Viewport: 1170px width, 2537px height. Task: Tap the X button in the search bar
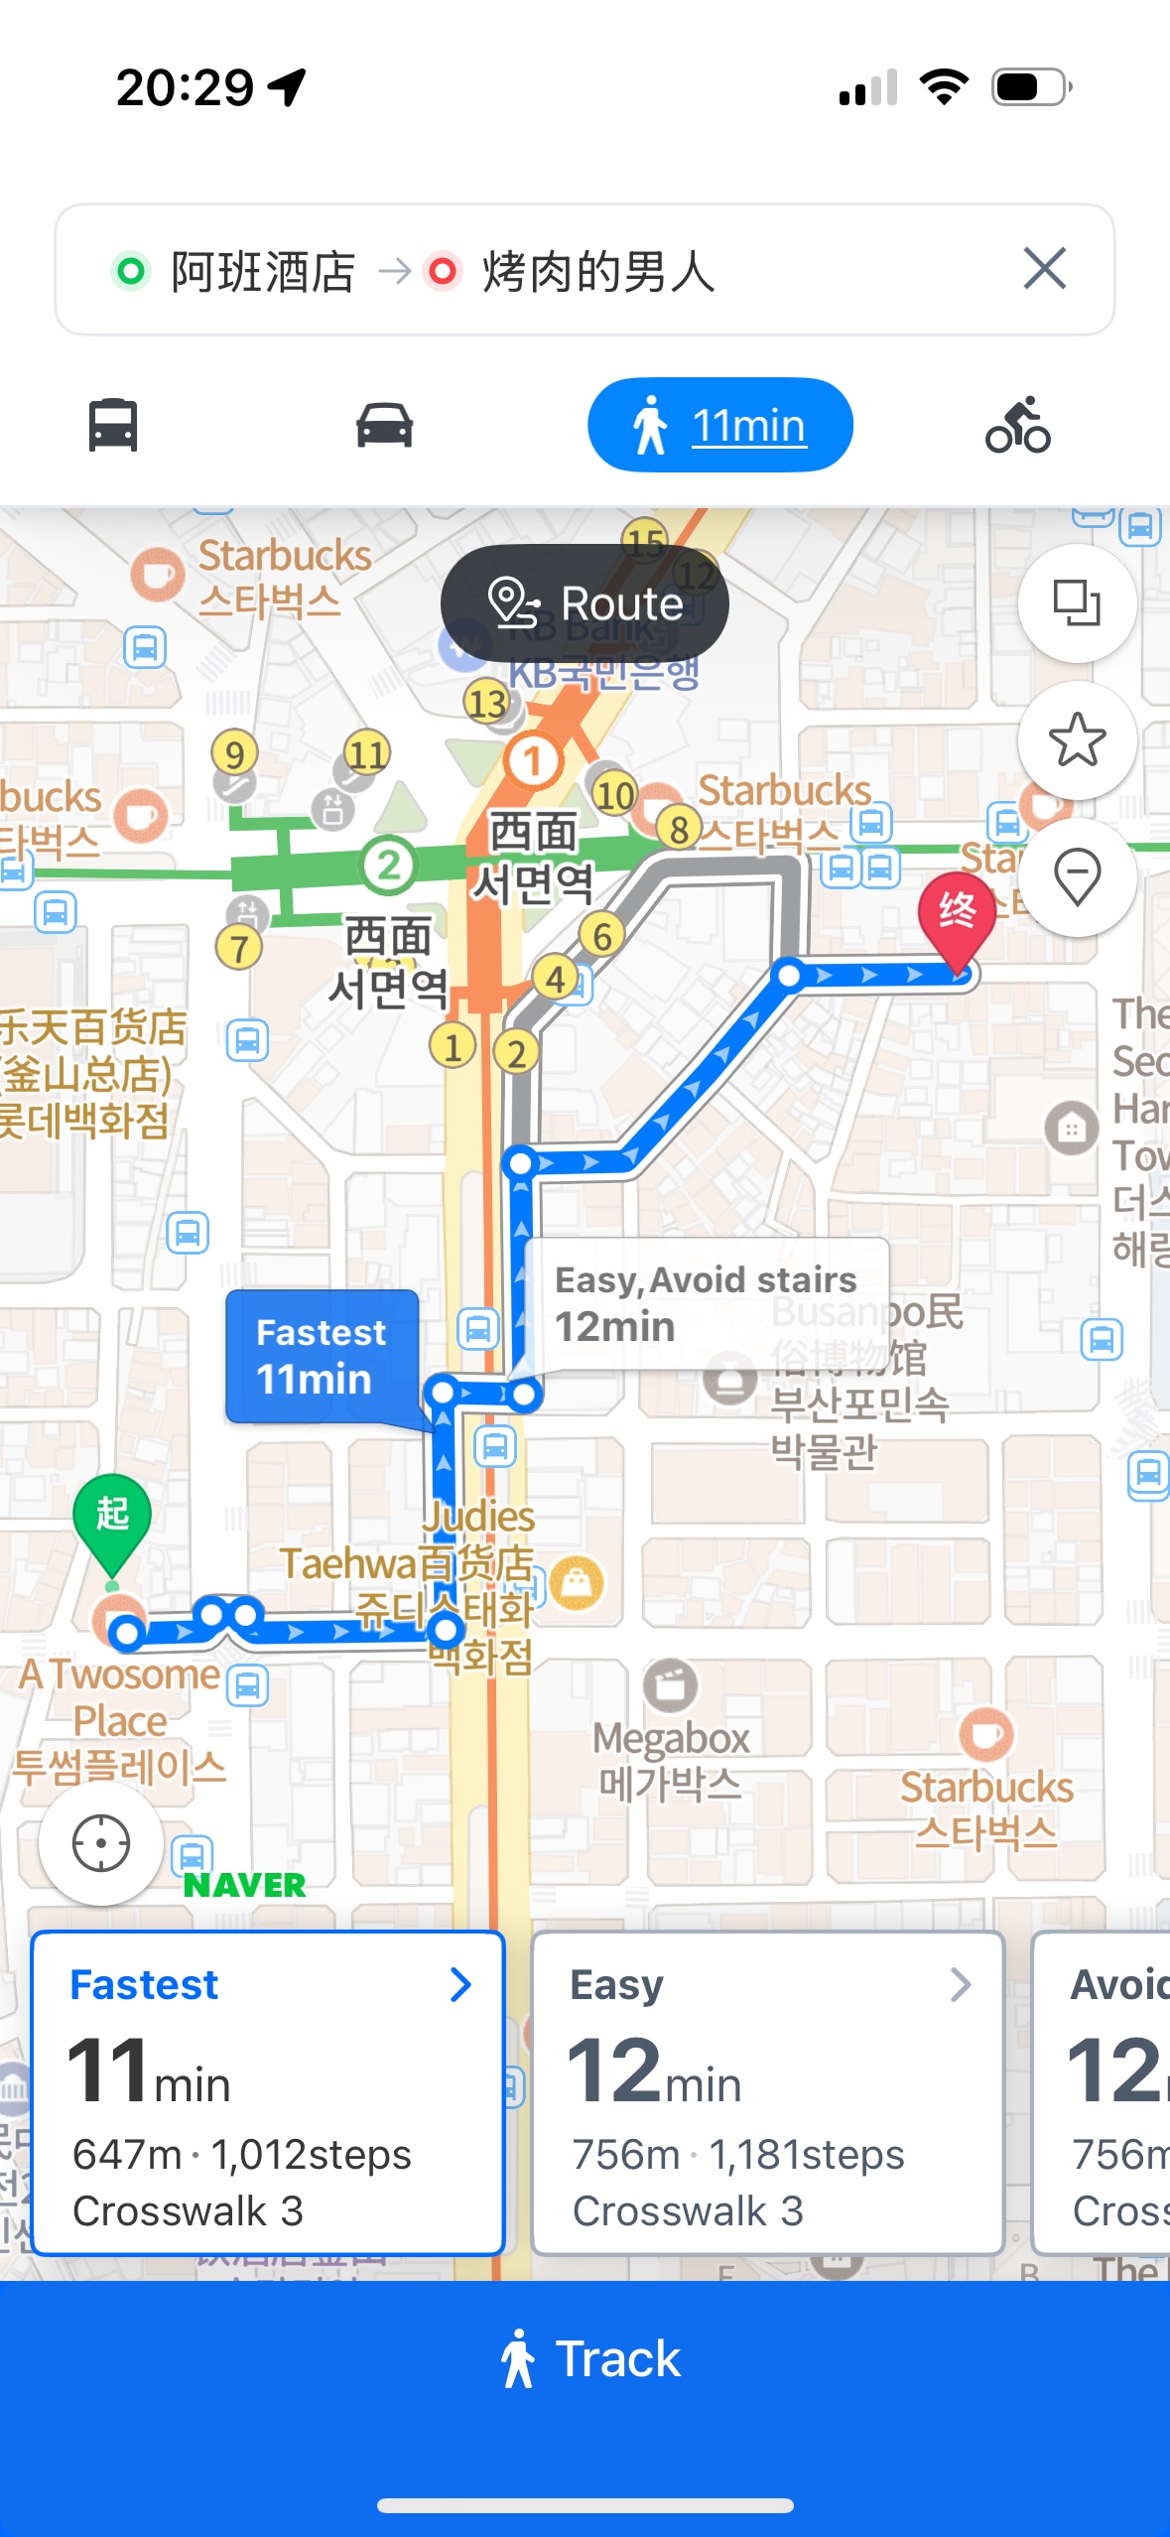click(1045, 269)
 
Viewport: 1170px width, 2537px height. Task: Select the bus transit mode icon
click(113, 425)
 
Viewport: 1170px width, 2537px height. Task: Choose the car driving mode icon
click(384, 425)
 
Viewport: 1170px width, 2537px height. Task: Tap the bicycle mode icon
click(1017, 425)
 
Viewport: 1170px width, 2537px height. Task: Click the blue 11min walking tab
click(720, 425)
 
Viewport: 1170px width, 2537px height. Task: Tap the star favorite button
click(1077, 739)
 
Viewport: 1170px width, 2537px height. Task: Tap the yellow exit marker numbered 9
click(234, 754)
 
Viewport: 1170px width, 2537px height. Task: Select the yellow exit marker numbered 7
click(239, 948)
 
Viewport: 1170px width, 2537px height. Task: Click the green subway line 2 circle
click(388, 865)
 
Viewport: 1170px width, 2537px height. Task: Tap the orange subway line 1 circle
click(534, 761)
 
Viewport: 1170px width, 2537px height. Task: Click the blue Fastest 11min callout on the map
click(322, 1356)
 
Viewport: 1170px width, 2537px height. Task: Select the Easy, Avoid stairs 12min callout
click(706, 1303)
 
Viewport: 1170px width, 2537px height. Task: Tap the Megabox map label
click(671, 1739)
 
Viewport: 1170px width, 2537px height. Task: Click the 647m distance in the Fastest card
click(128, 2155)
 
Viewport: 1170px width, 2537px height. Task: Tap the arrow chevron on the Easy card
click(960, 1985)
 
